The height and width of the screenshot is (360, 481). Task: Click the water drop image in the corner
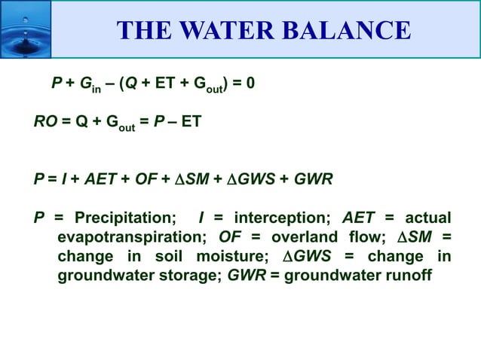pyautogui.click(x=25, y=29)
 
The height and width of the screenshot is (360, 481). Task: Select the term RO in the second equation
pyautogui.click(x=44, y=121)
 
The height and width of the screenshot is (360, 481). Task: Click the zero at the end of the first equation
pyautogui.click(x=250, y=83)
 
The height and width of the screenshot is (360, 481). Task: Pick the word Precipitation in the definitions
pyautogui.click(x=125, y=218)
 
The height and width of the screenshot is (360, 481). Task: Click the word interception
pyautogui.click(x=282, y=218)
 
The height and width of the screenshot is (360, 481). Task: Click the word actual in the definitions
pyautogui.click(x=428, y=218)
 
